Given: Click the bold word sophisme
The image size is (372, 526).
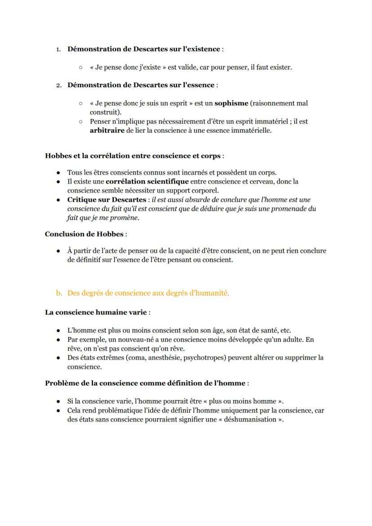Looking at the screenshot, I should point(231,103).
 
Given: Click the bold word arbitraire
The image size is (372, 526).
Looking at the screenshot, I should point(107,131).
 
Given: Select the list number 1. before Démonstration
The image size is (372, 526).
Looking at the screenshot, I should point(58,49).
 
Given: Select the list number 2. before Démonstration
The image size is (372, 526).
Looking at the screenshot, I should point(58,85).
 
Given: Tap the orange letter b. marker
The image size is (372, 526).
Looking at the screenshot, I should point(59,293).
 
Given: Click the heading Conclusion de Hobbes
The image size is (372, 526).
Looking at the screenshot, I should point(84,234).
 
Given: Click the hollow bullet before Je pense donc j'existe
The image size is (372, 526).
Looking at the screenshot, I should point(80,67).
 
